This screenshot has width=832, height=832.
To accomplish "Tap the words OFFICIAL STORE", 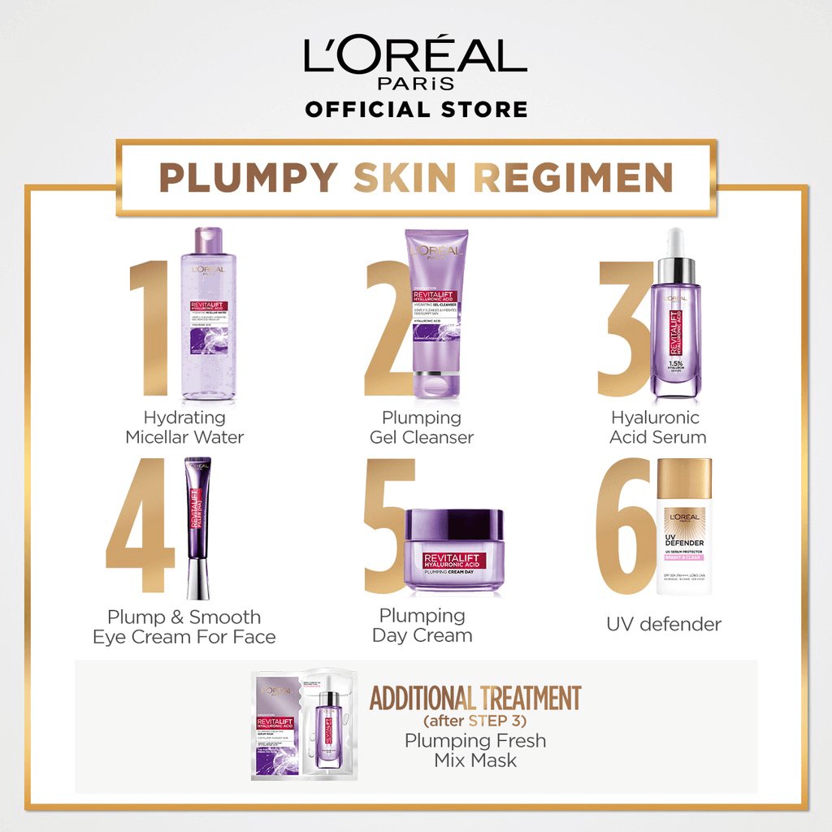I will pos(415,109).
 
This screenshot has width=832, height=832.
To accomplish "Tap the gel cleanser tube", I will pos(437,313).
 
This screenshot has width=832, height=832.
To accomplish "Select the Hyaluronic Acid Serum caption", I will pos(658,427).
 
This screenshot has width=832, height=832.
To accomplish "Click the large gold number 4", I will pos(141,528).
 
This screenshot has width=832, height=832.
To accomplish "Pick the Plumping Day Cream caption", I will pos(422,626).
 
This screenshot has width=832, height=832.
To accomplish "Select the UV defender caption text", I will pos(663,625).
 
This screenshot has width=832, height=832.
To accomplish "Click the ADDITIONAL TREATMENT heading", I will pos(475,698).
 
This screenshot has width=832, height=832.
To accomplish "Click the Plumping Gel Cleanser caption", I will pos(422,427).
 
